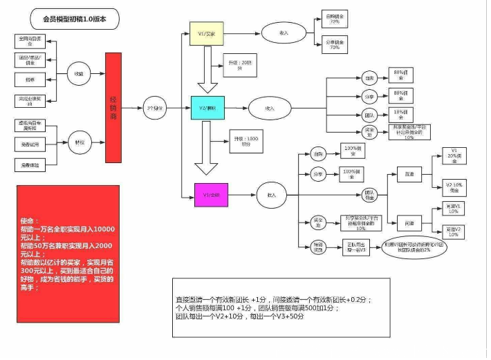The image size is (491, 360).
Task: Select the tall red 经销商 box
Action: coord(118,108)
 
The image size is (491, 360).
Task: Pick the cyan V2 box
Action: coord(207,107)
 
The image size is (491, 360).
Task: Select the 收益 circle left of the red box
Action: coord(80,73)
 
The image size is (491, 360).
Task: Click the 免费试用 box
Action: coord(30,144)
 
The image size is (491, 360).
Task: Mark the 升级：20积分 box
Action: coord(234,64)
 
